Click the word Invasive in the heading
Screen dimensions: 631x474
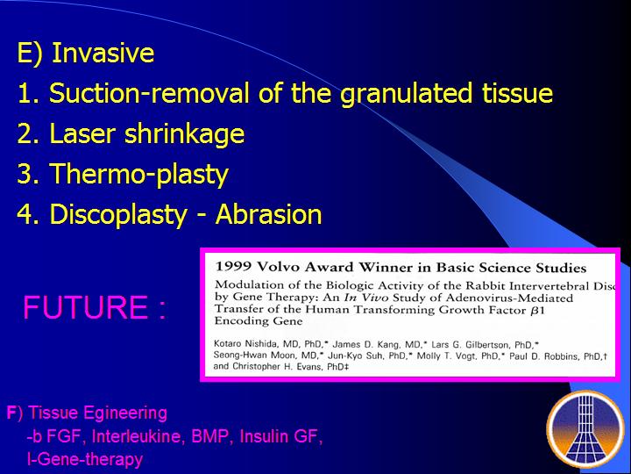tap(103, 53)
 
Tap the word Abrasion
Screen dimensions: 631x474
tap(269, 214)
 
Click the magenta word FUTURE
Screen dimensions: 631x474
tap(85, 307)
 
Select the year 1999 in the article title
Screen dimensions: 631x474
tap(233, 267)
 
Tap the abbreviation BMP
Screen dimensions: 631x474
tap(212, 436)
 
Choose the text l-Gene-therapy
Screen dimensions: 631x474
tap(85, 459)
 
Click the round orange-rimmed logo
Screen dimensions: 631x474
tap(585, 428)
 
